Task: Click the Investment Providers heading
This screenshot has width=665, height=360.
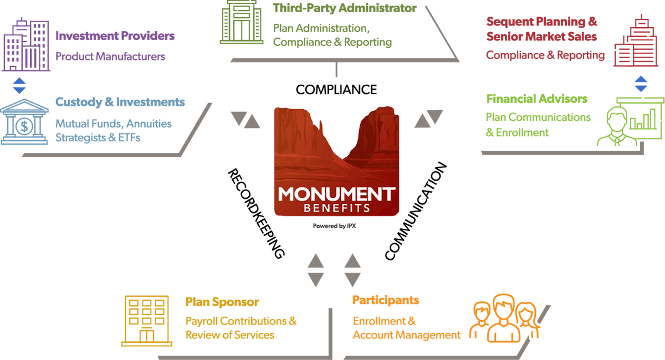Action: coord(115,37)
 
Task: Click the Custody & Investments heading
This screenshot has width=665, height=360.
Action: coord(120,102)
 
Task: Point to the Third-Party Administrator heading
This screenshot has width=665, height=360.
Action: coord(345,8)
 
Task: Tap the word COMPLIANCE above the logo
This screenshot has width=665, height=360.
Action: coord(336,90)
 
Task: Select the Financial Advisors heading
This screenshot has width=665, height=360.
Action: coord(536,99)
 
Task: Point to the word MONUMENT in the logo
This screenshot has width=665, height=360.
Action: coord(337,194)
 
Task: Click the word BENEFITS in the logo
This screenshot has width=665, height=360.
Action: coord(337,209)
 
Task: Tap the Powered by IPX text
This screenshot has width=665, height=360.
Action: coord(336,226)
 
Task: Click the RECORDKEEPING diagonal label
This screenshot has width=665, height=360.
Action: coord(256,214)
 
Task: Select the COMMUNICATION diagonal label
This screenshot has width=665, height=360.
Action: coord(416,212)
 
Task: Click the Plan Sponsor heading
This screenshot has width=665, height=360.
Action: coord(222,302)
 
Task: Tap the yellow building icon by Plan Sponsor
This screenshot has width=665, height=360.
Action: coord(146,320)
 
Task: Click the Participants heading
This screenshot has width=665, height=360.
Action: coord(386,301)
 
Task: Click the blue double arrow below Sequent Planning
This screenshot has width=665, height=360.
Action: coord(641,84)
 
